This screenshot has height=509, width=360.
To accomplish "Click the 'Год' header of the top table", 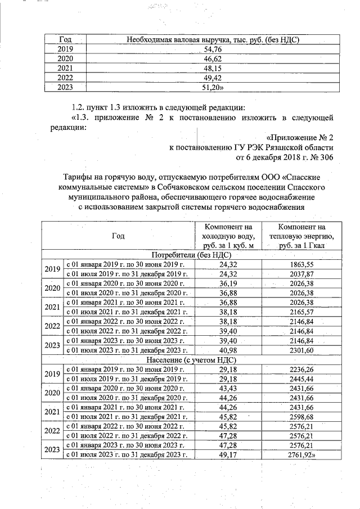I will click(65, 40).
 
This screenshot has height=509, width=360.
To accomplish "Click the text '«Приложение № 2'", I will click(300, 138).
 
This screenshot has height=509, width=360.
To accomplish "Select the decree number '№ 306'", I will click(323, 157).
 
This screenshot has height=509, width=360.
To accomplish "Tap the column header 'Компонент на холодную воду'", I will click(228, 236).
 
